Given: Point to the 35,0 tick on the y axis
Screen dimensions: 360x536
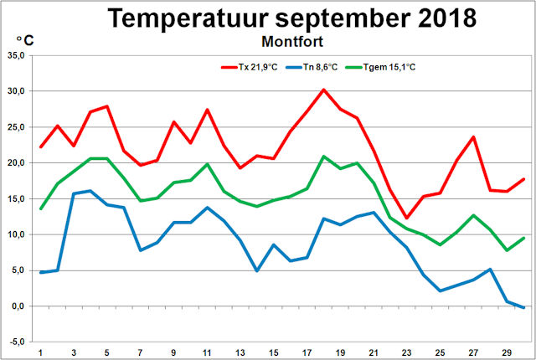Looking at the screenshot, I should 16,55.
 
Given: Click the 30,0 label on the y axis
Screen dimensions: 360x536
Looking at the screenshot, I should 16,91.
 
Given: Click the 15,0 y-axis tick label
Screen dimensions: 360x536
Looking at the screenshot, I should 16,198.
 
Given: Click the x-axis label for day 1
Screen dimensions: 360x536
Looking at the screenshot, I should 41,352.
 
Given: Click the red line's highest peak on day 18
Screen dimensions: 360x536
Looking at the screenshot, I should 324,90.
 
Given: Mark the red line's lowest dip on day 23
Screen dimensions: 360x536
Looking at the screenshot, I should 406,218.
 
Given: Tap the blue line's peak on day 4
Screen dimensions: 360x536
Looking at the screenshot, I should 90,191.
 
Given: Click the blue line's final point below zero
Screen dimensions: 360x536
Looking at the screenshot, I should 523,308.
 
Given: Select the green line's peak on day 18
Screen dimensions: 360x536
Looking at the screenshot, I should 324,157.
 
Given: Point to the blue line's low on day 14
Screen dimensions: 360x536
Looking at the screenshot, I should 258,270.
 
